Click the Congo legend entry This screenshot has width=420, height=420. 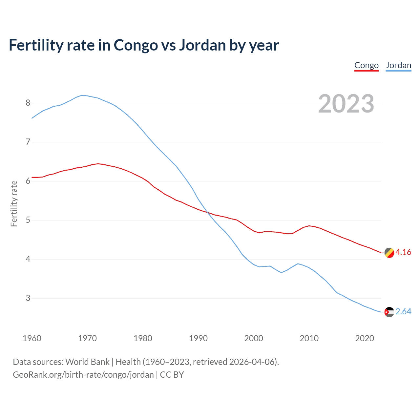[367, 65]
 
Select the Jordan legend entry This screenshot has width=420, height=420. [398, 65]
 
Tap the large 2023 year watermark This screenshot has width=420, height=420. [346, 104]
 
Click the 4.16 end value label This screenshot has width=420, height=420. [403, 252]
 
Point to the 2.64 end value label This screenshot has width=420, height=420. [403, 311]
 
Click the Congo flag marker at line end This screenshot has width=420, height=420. [389, 253]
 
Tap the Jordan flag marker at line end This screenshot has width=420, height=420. [389, 312]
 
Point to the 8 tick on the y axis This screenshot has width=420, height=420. [28, 103]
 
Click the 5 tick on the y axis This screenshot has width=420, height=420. [28, 220]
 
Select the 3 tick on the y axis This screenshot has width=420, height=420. [28, 298]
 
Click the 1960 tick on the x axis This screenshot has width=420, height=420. [32, 338]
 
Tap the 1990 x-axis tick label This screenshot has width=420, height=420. [198, 338]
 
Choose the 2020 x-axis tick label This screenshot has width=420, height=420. [365, 338]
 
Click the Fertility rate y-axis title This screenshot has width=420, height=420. [14, 203]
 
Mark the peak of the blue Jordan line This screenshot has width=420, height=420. [82, 95]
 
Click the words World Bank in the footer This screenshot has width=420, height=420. [87, 362]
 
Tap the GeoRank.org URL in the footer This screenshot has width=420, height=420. [83, 375]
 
